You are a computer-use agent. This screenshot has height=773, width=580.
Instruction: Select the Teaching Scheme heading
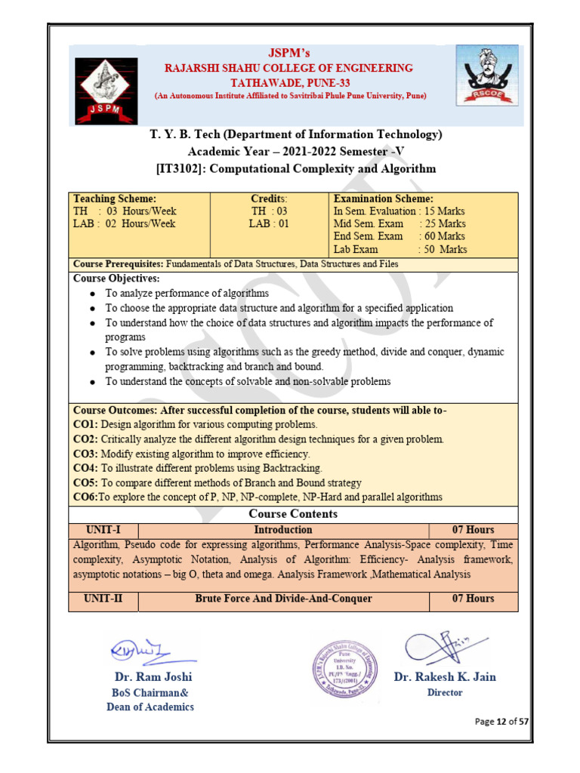coord(115,199)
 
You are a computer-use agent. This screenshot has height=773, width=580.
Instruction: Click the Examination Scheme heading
coord(383,199)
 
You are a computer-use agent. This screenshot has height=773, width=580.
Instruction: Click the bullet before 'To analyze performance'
coord(92,294)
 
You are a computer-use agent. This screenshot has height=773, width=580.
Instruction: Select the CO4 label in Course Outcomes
coord(85,468)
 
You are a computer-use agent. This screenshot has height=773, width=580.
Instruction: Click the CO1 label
coord(85,425)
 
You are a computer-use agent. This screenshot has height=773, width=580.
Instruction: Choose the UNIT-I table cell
coord(103,530)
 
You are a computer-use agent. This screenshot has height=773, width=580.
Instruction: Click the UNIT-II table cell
coord(103,599)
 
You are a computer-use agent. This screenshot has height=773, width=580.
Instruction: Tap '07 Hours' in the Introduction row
coord(474,530)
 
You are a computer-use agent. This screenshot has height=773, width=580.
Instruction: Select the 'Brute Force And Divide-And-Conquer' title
coord(283,599)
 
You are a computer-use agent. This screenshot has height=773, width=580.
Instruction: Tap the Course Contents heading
coord(293,514)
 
